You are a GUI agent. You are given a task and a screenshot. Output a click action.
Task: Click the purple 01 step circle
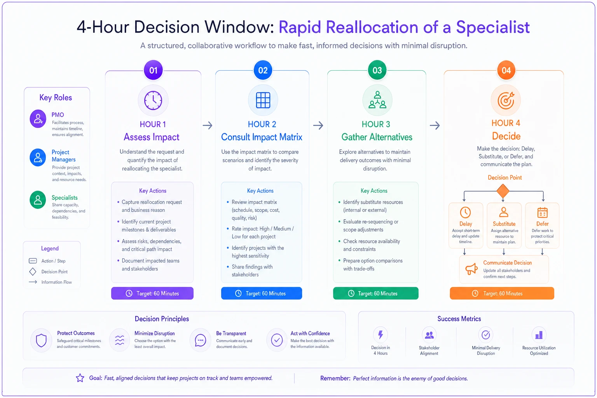coord(153,70)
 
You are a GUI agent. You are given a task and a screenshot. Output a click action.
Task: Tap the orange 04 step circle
coord(506,70)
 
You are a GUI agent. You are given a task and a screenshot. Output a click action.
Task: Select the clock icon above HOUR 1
coord(153,100)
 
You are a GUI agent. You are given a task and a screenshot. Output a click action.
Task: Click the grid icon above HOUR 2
coord(263,100)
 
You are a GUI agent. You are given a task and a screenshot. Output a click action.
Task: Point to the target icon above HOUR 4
coord(506,101)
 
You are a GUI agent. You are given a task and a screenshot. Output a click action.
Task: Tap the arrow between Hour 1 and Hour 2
coord(208,125)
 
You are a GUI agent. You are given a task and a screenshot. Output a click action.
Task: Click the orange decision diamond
coord(503,191)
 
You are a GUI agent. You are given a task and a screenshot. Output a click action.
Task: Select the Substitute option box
coord(504,225)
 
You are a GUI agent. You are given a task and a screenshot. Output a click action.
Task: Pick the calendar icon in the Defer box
coord(542,213)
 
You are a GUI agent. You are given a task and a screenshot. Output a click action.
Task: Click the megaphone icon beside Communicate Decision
coord(471,269)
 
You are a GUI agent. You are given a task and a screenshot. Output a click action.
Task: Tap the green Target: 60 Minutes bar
coord(375,293)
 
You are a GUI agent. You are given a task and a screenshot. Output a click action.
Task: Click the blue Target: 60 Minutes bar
coord(262,293)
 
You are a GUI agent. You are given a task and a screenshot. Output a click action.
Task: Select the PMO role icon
coord(38,119)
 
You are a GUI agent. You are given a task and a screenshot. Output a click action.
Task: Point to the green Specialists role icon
coord(38,199)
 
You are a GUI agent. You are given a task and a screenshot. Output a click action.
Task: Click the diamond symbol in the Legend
coord(33,272)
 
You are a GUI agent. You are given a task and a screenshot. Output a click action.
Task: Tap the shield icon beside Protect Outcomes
coord(41,340)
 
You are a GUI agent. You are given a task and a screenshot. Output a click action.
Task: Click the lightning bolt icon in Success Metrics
coord(381,335)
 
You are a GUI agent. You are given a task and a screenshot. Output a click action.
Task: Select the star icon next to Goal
coord(80,378)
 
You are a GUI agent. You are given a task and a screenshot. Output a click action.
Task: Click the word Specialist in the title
coord(493,27)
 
